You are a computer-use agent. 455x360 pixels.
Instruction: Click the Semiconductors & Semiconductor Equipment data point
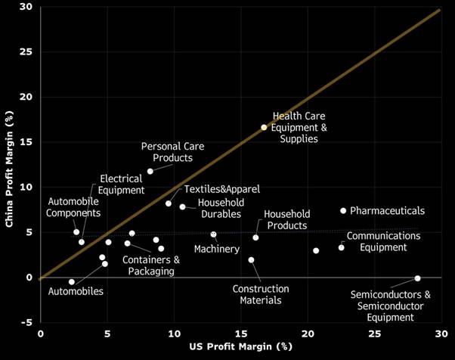point(417,278)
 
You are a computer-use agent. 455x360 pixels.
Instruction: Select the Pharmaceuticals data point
point(343,211)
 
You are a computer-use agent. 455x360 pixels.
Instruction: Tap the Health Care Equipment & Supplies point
point(264,128)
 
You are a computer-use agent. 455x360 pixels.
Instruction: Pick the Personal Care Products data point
point(150,171)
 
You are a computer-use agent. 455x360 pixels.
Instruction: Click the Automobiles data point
point(72,282)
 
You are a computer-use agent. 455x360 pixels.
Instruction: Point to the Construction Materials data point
point(251,260)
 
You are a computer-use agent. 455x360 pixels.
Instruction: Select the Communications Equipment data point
point(341,247)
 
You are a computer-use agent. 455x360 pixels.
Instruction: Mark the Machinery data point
point(213,234)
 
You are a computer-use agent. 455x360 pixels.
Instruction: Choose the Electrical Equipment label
point(121,185)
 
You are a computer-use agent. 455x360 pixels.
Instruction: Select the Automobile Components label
point(73,207)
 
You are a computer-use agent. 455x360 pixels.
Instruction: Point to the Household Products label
point(286,220)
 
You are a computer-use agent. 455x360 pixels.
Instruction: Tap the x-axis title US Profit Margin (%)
point(240,346)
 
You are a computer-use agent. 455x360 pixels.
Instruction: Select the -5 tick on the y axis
point(27,323)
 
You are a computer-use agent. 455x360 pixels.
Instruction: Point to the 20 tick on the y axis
point(27,98)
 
